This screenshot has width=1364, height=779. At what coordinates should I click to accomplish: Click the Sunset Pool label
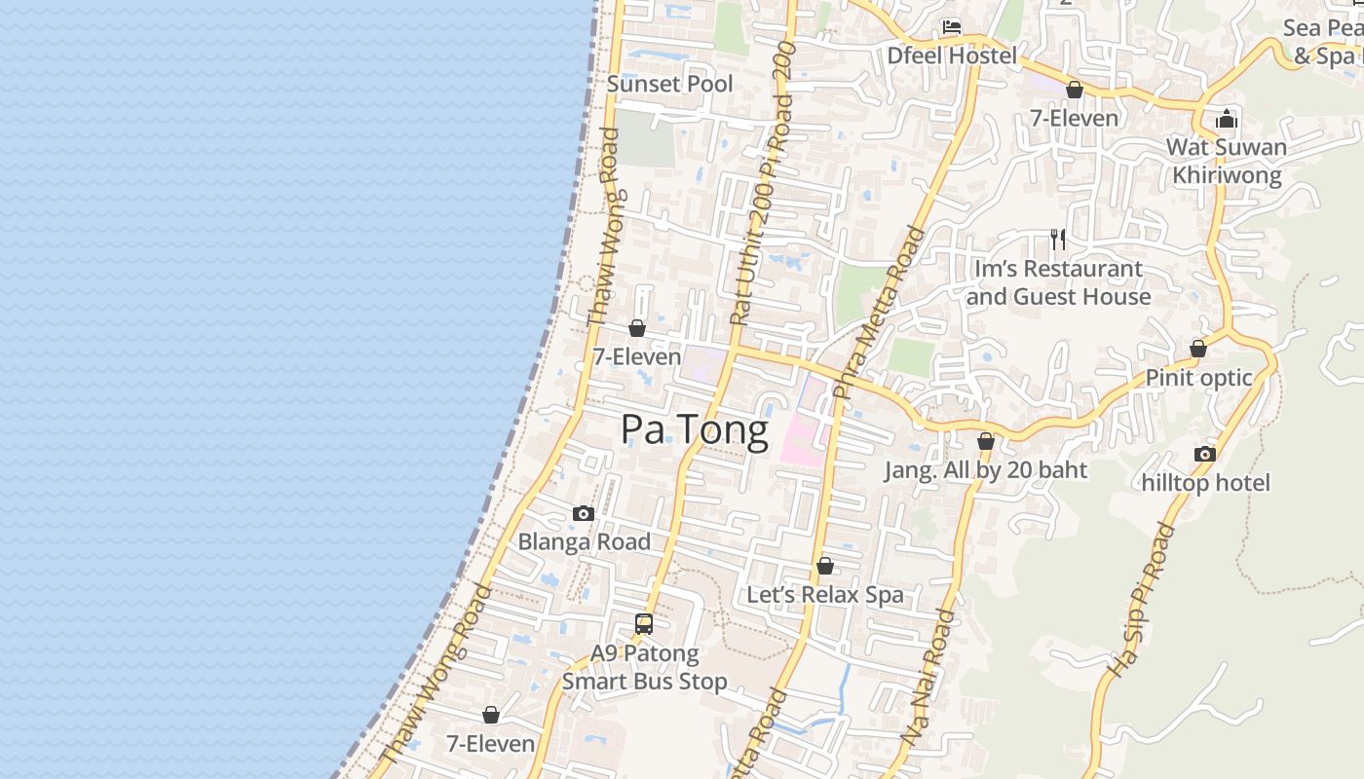click(x=669, y=84)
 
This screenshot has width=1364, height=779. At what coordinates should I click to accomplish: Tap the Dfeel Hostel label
click(x=951, y=56)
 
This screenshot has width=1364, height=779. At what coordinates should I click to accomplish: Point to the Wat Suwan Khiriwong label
click(x=1226, y=161)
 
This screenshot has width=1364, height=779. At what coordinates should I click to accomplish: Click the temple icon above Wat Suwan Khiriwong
click(x=1227, y=119)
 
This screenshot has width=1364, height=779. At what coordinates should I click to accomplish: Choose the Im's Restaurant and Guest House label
click(x=1058, y=282)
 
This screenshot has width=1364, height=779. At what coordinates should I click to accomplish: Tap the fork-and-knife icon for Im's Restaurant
click(x=1058, y=239)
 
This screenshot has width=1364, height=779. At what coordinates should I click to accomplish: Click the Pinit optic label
click(x=1198, y=378)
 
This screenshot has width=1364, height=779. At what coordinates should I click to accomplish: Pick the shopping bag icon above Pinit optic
click(x=1198, y=349)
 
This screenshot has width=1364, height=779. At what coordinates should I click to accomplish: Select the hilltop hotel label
click(x=1205, y=482)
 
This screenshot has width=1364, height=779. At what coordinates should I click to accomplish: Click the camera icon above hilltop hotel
click(x=1205, y=454)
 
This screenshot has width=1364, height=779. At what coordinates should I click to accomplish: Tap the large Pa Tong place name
click(x=695, y=429)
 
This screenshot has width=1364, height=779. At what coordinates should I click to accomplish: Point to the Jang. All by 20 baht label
click(x=985, y=470)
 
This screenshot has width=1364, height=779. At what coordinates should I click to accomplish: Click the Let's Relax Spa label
click(x=824, y=594)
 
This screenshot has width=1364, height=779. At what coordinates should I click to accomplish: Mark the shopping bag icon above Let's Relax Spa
click(x=825, y=566)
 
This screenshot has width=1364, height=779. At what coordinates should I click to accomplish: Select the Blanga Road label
click(x=584, y=541)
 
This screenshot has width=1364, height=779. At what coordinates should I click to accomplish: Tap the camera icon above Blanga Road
click(x=584, y=513)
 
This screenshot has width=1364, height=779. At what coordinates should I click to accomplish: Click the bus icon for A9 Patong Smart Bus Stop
click(x=644, y=624)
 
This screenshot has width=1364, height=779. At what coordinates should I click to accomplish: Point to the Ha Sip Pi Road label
click(x=1142, y=600)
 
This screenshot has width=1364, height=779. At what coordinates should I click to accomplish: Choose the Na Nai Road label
click(x=928, y=679)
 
